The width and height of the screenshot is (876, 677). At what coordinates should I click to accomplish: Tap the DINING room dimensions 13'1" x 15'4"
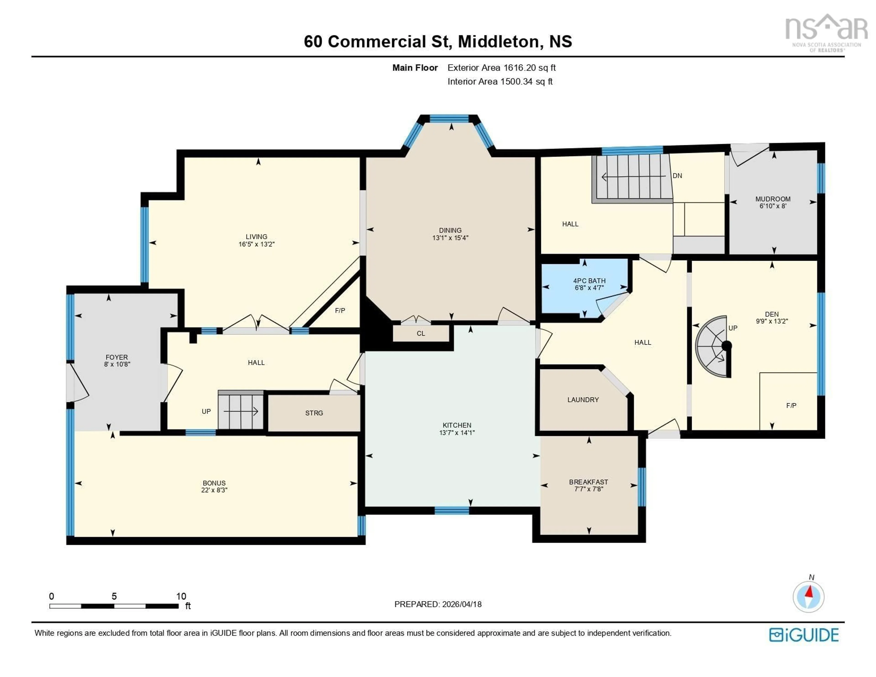coord(450,238)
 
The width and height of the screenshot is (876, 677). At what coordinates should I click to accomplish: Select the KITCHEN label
coord(457,425)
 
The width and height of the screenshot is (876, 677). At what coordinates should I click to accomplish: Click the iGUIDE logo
coord(804,635)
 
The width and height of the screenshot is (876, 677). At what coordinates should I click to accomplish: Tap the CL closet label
coord(420,334)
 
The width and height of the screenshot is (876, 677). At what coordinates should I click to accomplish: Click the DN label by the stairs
coord(677,176)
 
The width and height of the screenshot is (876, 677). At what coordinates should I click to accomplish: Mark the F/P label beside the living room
coord(340,311)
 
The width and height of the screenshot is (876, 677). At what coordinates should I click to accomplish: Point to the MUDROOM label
coord(772,199)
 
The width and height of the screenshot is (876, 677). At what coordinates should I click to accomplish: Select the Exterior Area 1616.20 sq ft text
coord(501,68)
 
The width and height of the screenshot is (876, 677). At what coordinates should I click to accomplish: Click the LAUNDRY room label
coord(583,400)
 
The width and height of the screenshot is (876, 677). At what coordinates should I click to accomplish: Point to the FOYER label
coord(117,357)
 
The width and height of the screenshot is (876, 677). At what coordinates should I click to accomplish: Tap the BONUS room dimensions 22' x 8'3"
coord(214,490)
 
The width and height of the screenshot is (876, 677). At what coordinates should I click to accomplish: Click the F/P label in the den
coord(791,406)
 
